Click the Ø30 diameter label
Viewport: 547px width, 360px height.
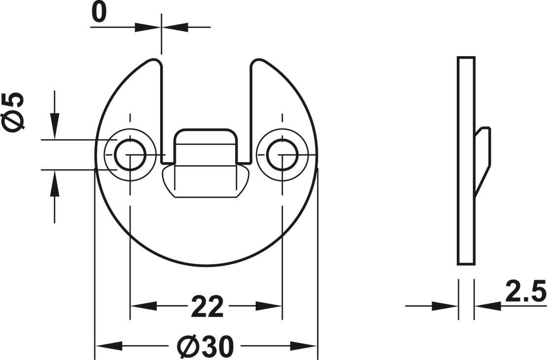pos(205,346)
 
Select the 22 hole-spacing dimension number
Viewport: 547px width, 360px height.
pos(207,307)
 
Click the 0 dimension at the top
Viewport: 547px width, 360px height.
pos(99,13)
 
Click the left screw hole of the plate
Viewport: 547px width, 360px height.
pos(130,155)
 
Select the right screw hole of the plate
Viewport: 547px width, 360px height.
pos(282,155)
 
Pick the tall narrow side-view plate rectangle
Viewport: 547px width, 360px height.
pos(466,160)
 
